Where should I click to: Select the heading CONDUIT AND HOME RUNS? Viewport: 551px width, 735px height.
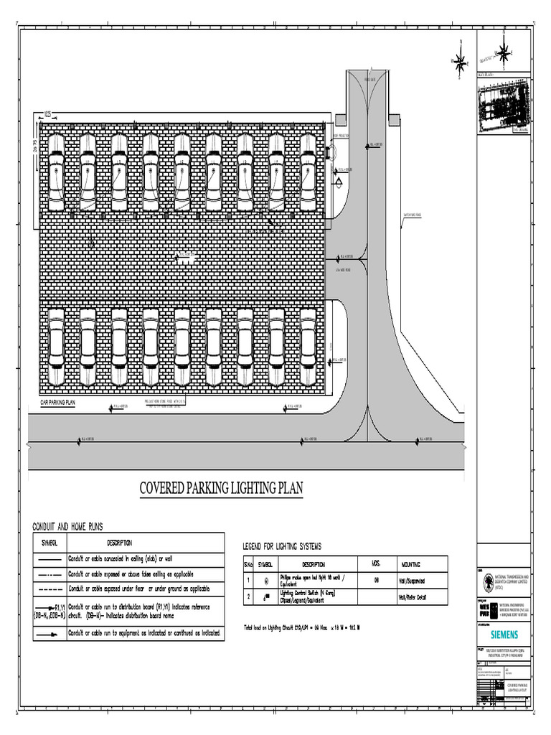click(x=67, y=527)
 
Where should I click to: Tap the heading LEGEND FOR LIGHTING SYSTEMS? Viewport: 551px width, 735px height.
click(x=282, y=547)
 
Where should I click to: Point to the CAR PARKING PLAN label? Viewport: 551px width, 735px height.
click(x=57, y=403)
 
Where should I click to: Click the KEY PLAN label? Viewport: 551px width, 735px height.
click(x=486, y=74)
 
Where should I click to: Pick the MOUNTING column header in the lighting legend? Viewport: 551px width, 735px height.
click(x=411, y=564)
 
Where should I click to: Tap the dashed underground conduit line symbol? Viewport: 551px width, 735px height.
click(x=49, y=589)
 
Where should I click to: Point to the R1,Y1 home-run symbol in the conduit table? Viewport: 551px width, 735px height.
click(x=49, y=610)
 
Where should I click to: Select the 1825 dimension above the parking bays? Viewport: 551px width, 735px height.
click(x=47, y=113)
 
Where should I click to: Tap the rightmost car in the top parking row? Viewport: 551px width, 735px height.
click(x=308, y=172)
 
